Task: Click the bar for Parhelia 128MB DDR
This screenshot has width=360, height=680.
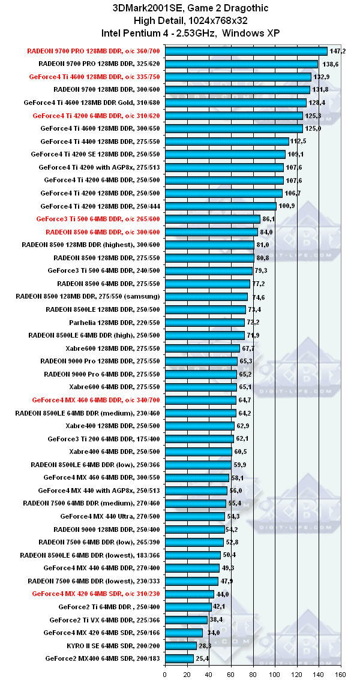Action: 205,322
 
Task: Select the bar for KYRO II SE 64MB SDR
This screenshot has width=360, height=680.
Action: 181,645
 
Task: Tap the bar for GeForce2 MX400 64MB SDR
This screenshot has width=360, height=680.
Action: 179,658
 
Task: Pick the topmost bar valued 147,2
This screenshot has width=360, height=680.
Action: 246,51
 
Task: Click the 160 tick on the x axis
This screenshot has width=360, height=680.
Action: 341,673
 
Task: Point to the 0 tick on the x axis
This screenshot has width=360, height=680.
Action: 165,673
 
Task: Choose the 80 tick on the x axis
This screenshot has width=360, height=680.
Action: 253,673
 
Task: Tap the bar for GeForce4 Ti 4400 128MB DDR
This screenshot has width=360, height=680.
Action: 227,142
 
